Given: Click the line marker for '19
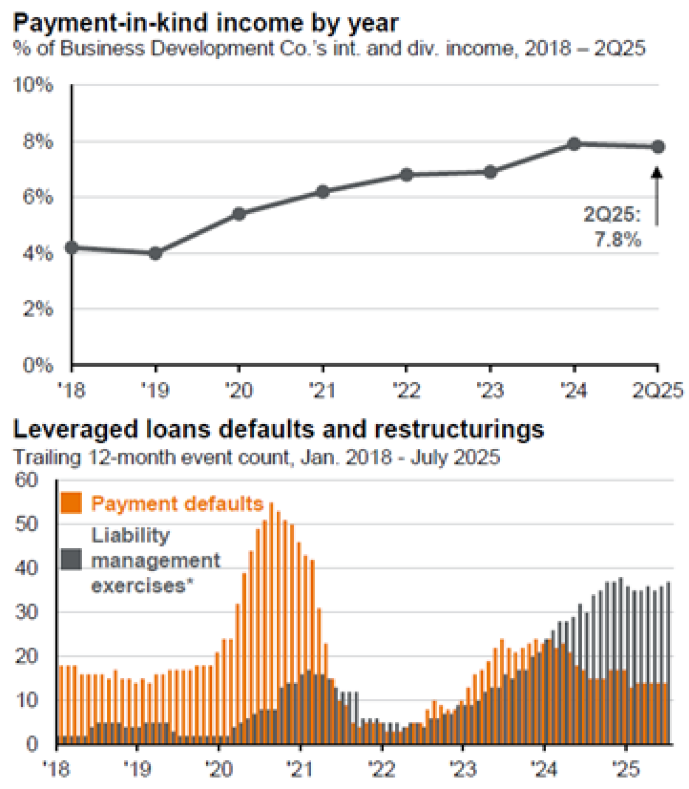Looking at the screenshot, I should pos(155,253).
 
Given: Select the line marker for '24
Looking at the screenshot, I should pos(574,144).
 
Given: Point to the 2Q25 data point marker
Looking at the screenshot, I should pos(658,147).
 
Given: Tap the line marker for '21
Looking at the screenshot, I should pos(323,191).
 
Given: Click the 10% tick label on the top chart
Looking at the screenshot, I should pos(33,85).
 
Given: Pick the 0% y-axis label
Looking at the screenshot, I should pos(38,365).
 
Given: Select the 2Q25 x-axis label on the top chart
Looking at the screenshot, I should pos(657,391).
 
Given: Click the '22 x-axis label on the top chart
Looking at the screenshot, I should pos(407,391).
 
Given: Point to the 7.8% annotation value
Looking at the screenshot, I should pos(617,239).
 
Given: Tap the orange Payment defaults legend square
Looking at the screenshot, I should pos(71,503).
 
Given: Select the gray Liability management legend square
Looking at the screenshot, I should pos(71,559).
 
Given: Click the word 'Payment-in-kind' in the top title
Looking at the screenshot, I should pos(94,24).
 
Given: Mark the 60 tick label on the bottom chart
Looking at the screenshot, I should pos(26,480).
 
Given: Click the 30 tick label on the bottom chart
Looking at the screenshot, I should pos(26,612).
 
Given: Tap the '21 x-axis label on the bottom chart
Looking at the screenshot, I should pos(300,769).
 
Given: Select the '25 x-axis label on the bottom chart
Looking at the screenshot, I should pos(626,769).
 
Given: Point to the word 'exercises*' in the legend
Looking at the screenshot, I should pos(142,586).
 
